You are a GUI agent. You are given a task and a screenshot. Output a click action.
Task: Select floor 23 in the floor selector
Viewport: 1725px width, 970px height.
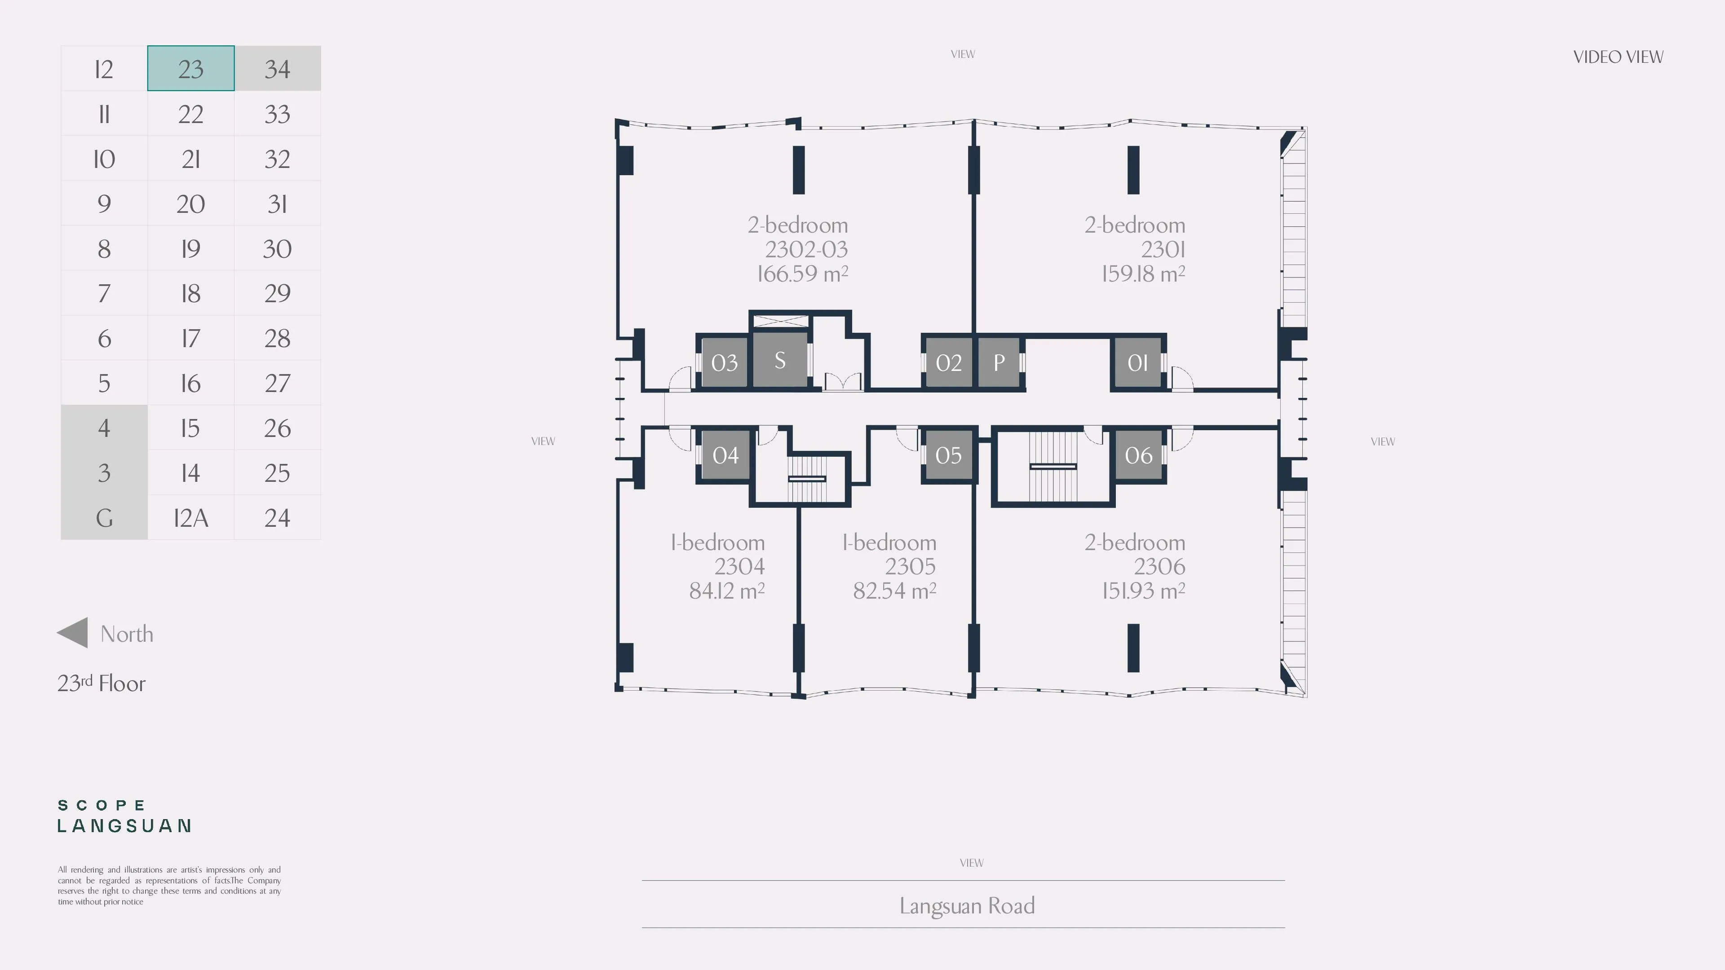[x=191, y=68]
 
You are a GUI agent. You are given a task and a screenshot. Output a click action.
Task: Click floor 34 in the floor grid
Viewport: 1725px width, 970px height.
[x=277, y=68]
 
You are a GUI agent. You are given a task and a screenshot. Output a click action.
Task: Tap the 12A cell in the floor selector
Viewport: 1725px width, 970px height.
[x=191, y=517]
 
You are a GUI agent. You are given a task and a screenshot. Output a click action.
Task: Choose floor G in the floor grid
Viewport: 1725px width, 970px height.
[x=104, y=517]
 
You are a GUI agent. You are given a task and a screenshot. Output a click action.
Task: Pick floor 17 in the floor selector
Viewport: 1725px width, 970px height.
[x=191, y=338]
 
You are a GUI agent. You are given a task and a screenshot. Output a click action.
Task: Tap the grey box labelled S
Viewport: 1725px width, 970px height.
[x=780, y=360]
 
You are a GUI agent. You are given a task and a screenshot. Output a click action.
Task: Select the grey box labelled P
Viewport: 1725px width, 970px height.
[x=999, y=362]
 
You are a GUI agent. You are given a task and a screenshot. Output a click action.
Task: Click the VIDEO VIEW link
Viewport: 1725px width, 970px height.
[x=1618, y=57]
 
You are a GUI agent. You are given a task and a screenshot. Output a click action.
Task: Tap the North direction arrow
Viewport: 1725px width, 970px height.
[x=72, y=633]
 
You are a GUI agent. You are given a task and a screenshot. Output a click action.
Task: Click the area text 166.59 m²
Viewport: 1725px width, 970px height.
[x=803, y=273]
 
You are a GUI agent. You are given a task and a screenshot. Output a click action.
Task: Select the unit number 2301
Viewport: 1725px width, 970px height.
[x=1163, y=249]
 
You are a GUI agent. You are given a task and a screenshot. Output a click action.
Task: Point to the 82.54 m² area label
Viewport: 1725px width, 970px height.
[x=895, y=591]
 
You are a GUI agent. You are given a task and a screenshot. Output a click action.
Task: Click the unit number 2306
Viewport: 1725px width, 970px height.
[x=1160, y=566]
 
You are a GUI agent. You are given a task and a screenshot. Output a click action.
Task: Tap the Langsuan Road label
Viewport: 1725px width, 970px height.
[x=967, y=906]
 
